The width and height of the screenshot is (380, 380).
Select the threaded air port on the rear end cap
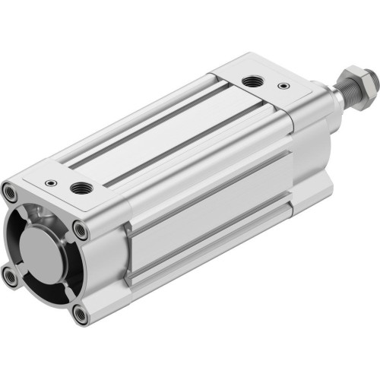click(x=78, y=187)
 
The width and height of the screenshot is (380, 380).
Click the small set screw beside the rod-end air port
click(x=283, y=86)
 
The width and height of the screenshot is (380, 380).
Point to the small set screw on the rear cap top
click(x=50, y=182)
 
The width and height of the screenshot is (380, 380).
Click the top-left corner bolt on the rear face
click(x=9, y=192)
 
